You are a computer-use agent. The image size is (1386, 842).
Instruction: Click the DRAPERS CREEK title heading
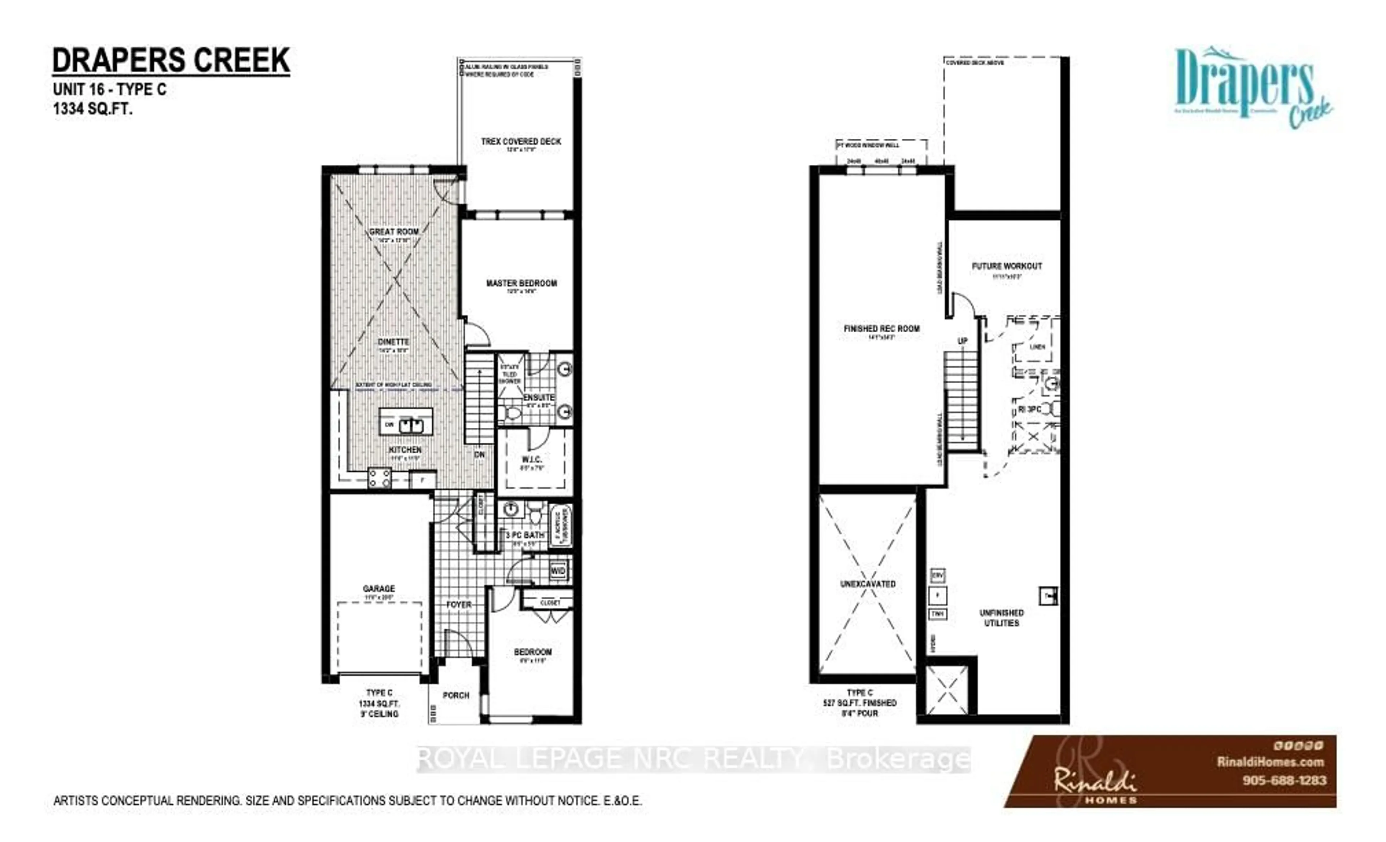171,61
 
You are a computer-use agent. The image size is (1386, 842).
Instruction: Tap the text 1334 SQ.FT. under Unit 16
93,109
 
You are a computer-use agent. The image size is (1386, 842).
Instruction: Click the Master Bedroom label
522,283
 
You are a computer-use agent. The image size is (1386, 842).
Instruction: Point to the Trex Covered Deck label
521,141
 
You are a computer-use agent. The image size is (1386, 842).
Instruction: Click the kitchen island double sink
411,425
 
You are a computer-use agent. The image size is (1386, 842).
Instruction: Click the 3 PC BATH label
525,535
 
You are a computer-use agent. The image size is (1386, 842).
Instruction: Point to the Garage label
379,588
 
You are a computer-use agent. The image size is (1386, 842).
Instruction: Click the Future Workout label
1007,265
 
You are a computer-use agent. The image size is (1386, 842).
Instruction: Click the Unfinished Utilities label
1001,617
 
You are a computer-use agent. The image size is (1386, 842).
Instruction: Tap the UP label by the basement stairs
962,341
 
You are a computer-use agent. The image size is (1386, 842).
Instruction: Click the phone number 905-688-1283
1284,780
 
